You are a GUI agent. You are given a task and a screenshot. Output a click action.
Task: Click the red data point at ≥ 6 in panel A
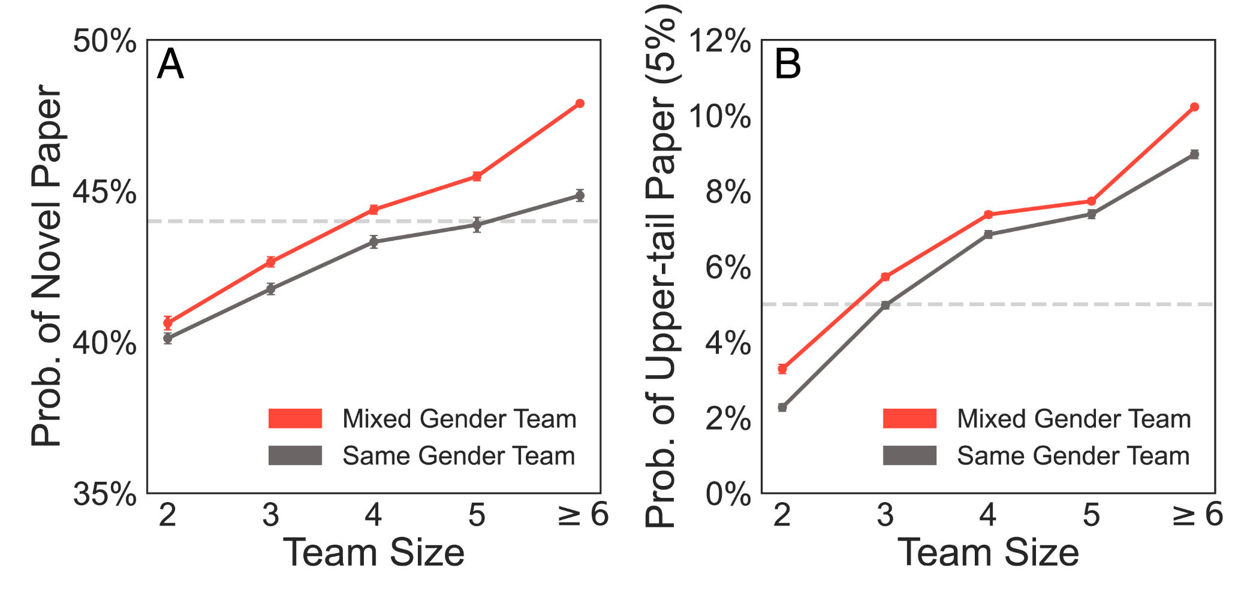580,104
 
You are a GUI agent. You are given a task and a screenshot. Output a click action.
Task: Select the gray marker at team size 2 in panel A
168,339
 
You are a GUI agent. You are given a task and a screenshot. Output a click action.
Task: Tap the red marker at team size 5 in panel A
477,176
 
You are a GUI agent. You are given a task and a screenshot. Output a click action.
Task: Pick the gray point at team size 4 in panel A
373,242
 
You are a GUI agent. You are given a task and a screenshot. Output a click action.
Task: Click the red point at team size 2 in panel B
782,369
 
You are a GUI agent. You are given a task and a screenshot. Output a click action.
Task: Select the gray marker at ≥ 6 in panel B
1194,155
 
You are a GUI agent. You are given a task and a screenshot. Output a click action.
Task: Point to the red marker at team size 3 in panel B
885,277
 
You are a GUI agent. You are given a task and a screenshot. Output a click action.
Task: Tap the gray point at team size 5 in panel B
1091,215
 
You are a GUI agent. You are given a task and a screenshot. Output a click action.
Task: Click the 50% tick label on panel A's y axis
104,41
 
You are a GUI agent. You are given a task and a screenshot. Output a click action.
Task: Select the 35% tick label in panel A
104,495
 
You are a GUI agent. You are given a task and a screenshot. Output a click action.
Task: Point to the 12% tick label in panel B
719,41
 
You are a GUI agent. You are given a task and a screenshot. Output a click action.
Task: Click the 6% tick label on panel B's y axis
727,268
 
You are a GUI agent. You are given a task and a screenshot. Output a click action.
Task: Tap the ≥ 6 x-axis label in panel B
1197,515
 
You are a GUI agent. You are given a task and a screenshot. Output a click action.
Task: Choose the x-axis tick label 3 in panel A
270,515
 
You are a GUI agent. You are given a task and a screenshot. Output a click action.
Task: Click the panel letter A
170,64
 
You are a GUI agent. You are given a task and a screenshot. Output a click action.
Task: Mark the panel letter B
787,64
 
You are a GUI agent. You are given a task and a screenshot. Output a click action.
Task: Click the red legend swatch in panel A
295,418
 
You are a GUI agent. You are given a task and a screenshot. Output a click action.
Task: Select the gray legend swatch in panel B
909,455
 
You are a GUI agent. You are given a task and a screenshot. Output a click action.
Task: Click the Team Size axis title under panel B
988,552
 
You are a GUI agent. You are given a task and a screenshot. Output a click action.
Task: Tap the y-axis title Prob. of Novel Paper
47,266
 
